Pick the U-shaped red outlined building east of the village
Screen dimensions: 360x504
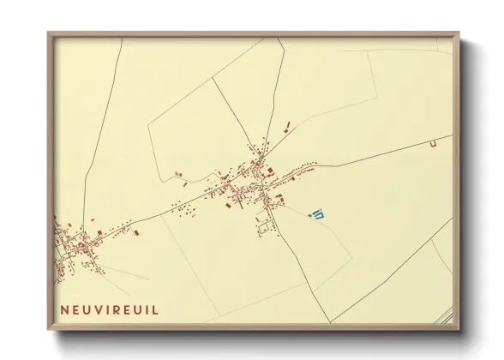[434, 141]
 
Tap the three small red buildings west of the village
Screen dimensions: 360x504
[180, 177]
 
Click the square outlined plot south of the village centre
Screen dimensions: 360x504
[267, 227]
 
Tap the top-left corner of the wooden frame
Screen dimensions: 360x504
[50, 34]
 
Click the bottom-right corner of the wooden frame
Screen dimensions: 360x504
[458, 328]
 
